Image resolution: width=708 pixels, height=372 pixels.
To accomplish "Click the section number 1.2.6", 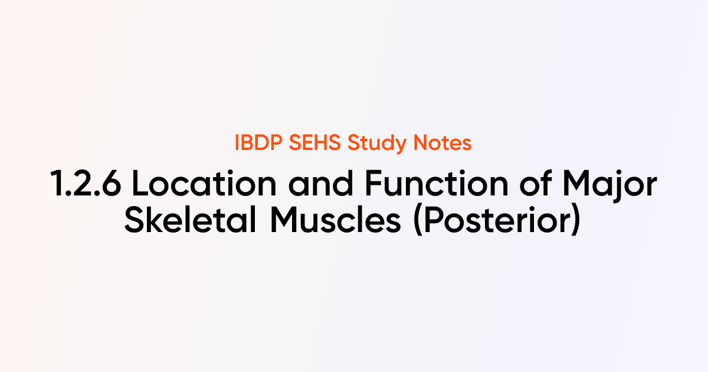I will (x=86, y=186).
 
